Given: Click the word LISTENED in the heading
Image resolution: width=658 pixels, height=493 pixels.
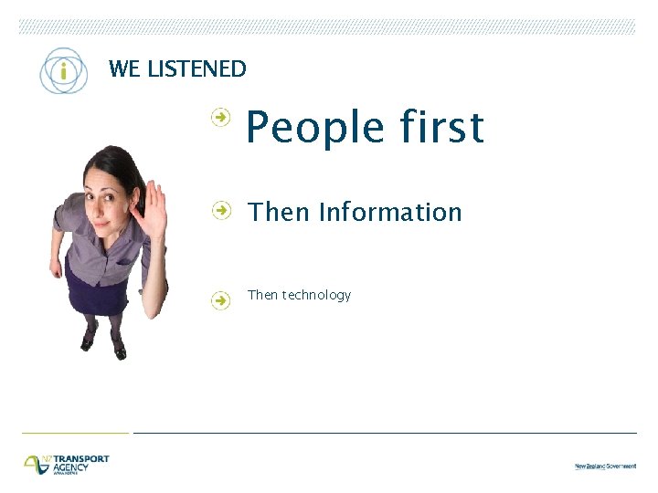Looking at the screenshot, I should (x=199, y=68).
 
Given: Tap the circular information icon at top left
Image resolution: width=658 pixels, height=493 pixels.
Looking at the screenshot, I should (x=63, y=71).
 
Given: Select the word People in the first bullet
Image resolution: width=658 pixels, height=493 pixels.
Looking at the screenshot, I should (x=305, y=129).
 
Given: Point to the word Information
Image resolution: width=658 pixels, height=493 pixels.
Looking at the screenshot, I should (x=390, y=213).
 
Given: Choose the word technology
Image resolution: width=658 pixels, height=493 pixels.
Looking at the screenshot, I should (x=316, y=295).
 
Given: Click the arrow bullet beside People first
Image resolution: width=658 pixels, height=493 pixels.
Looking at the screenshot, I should (x=220, y=116).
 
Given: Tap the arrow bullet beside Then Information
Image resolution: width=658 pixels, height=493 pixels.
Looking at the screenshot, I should (x=220, y=210).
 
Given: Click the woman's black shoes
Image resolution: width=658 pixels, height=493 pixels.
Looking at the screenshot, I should (x=103, y=345).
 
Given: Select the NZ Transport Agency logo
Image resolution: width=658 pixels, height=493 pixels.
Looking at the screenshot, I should (x=66, y=464).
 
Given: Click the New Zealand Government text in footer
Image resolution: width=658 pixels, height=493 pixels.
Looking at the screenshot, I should (x=605, y=466).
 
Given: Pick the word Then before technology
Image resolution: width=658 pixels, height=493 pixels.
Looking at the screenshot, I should (x=262, y=295).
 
